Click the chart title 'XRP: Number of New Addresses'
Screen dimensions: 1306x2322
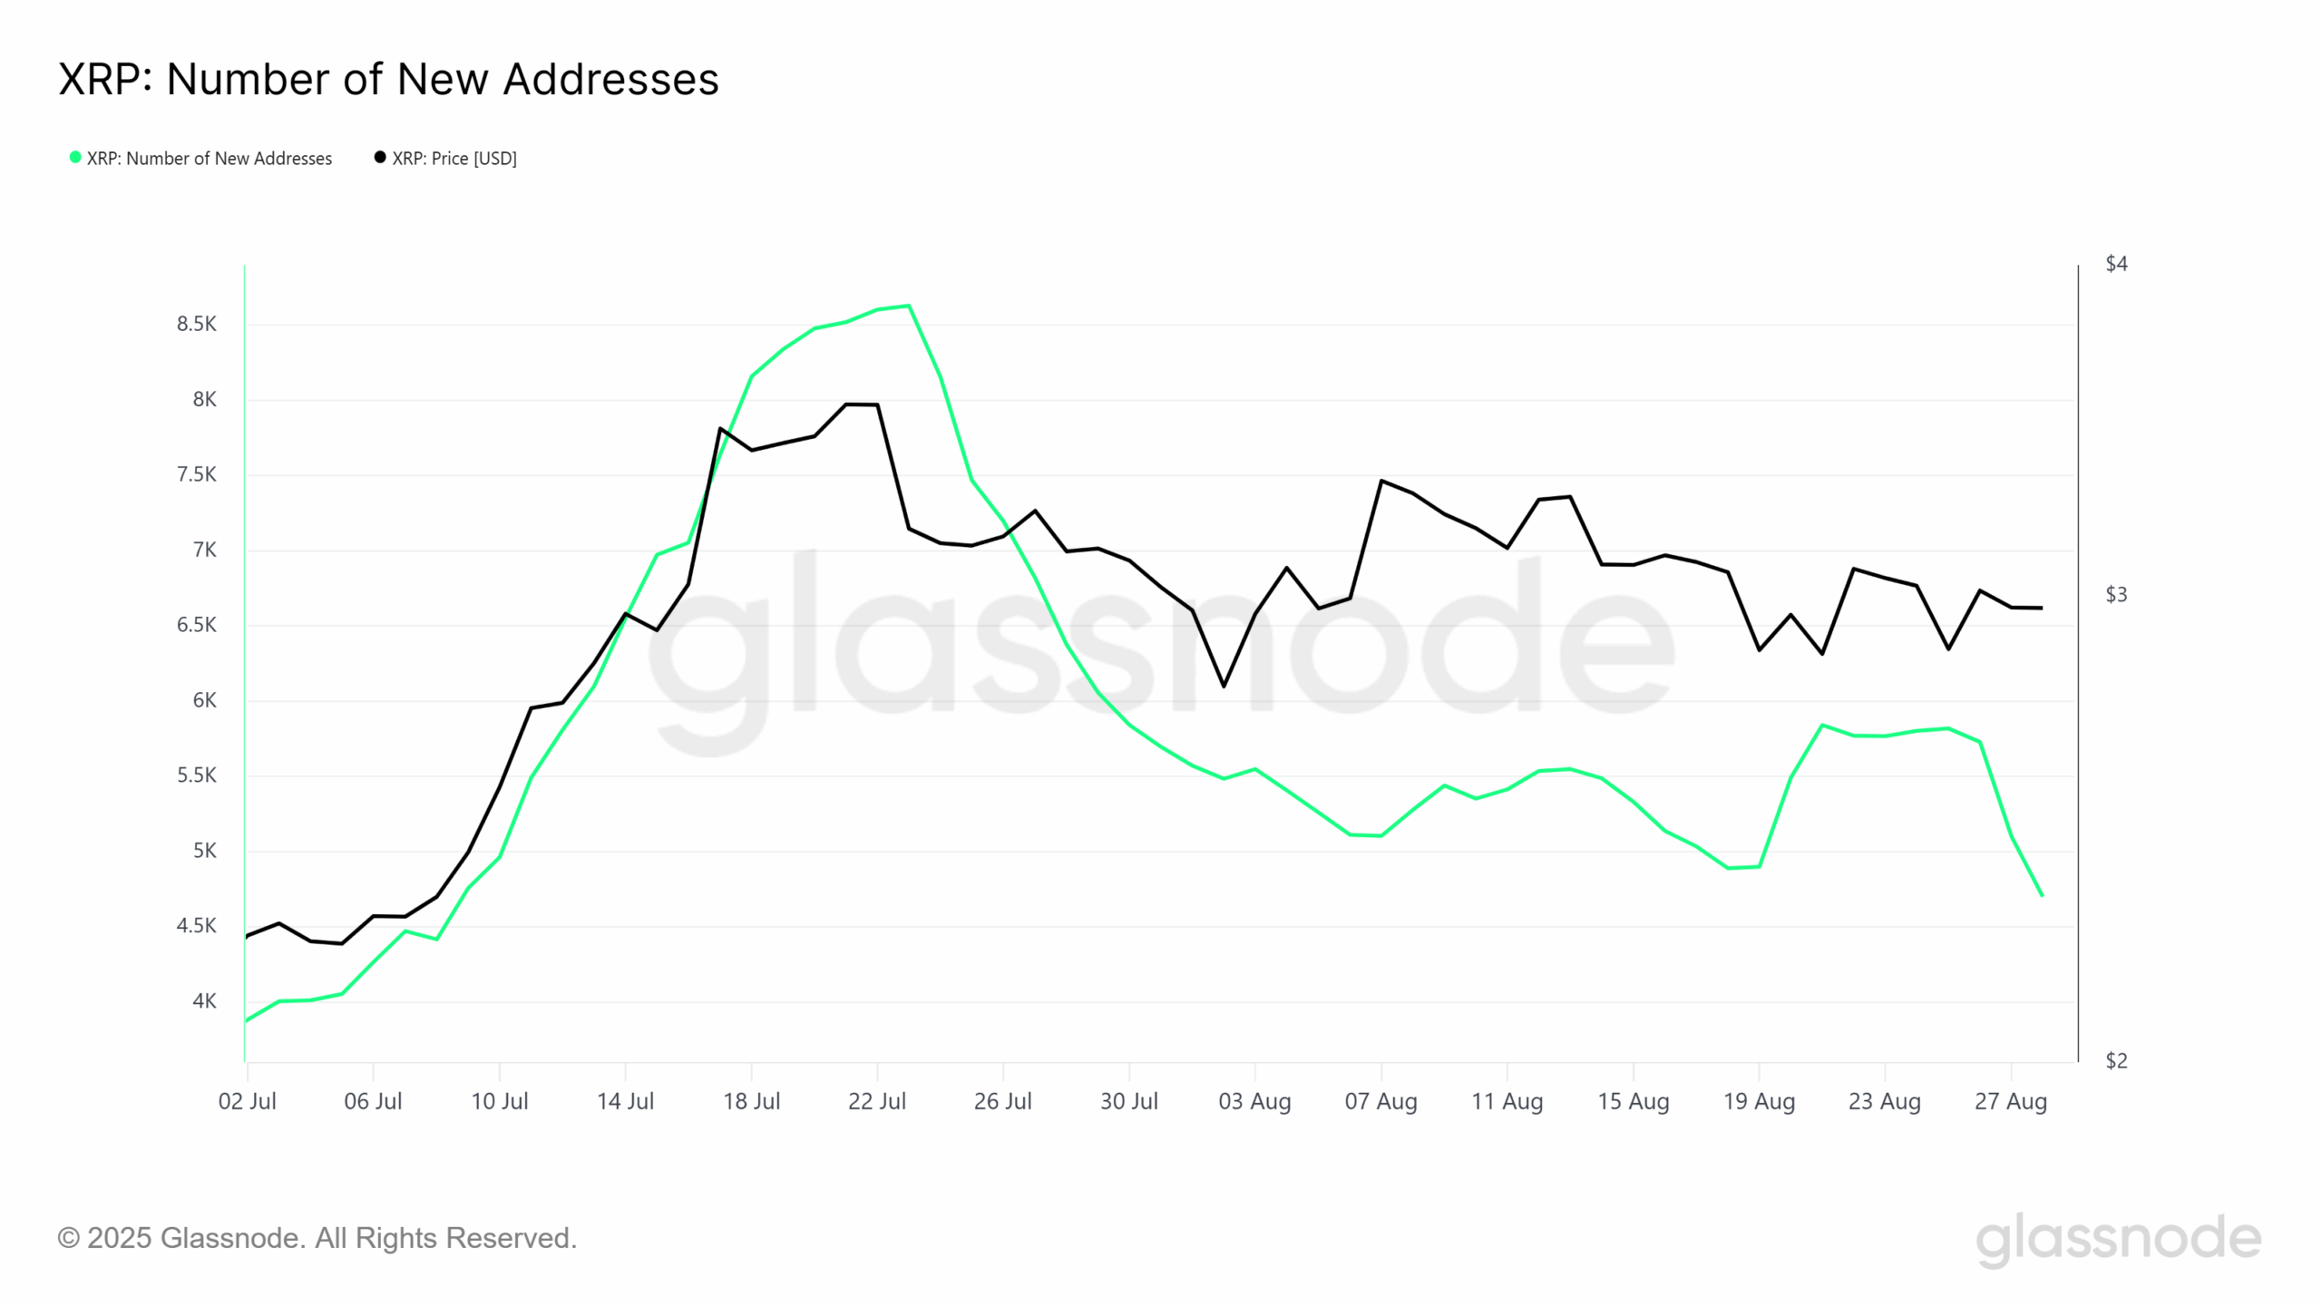[388, 80]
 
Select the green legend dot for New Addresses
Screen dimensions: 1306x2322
[75, 158]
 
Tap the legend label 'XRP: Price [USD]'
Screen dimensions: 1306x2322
[454, 159]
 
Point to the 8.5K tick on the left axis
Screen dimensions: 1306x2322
[196, 325]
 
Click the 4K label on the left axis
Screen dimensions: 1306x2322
[204, 1001]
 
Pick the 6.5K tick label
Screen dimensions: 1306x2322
[196, 625]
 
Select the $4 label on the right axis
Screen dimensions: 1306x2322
[2115, 264]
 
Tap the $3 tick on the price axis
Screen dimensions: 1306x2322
[2115, 595]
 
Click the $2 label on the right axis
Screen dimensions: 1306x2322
[2115, 1060]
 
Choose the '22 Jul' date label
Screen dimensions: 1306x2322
[876, 1102]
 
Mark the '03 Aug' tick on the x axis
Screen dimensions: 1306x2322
[1254, 1102]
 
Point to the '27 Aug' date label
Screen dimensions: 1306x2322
[2010, 1102]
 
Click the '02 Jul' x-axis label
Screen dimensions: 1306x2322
[247, 1102]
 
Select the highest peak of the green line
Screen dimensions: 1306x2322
[909, 306]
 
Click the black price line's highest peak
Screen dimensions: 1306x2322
[847, 404]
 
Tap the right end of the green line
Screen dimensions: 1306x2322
[2042, 895]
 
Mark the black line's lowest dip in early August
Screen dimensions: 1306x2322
[1224, 686]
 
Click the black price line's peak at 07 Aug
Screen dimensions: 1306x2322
[1381, 481]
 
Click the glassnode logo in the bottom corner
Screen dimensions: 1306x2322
[2118, 1239]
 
